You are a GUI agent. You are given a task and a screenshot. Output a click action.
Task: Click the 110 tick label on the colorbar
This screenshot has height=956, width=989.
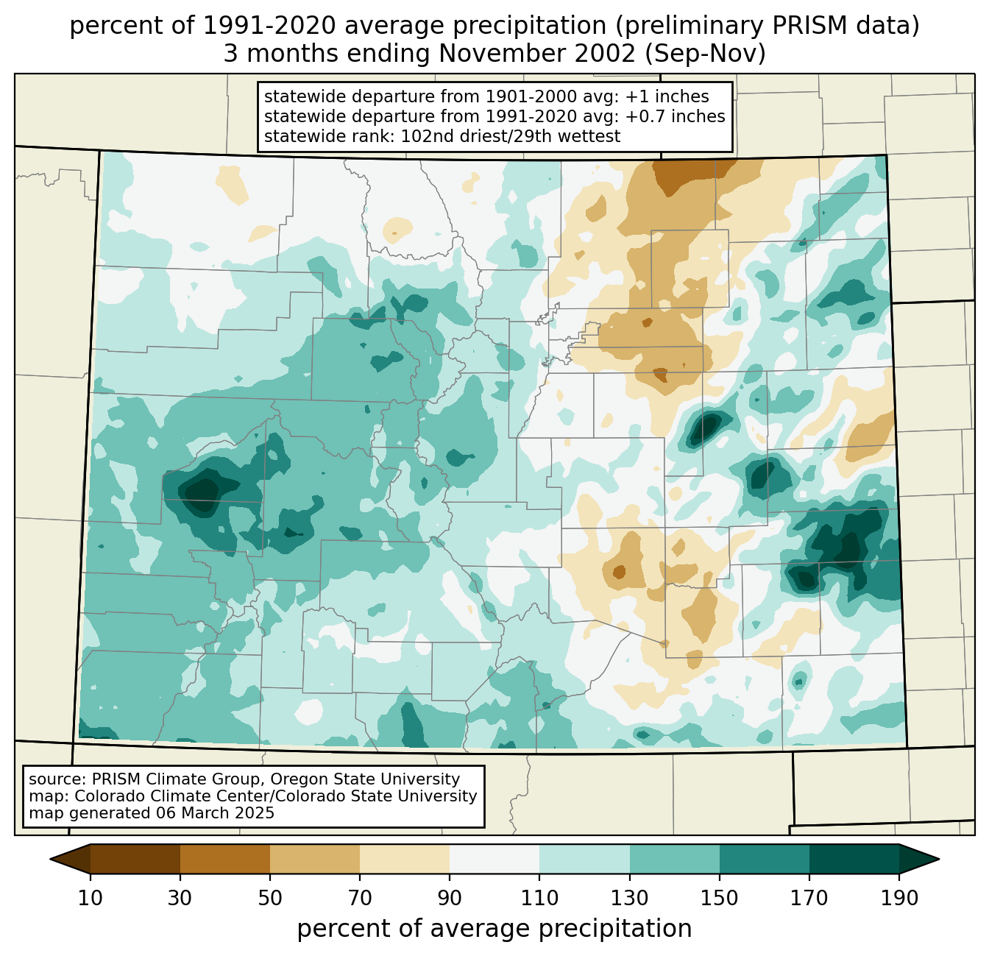[539, 899]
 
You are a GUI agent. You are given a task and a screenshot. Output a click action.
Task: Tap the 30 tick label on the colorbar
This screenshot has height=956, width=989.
[180, 899]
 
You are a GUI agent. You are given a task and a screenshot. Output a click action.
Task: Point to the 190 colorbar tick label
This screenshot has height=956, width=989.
[898, 899]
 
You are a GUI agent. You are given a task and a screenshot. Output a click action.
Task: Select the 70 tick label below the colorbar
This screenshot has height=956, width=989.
[360, 899]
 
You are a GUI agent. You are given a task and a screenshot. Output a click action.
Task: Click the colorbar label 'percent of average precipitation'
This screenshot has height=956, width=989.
[494, 929]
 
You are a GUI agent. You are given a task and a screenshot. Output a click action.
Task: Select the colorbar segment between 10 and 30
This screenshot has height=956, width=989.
[135, 859]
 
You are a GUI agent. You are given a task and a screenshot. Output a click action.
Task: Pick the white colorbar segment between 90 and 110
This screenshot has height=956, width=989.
[494, 859]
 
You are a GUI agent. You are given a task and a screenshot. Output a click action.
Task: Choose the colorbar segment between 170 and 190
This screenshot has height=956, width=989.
[854, 859]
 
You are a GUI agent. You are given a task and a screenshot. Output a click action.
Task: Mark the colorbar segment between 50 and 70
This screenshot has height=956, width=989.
[315, 859]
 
